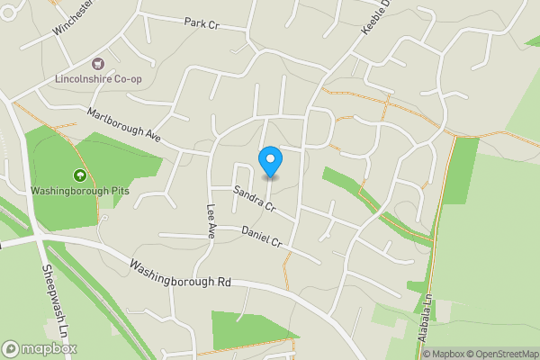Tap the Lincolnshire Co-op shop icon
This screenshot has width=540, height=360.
click(x=98, y=63)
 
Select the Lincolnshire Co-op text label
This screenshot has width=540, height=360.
click(x=98, y=78)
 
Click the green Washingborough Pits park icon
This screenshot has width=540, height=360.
click(x=79, y=175)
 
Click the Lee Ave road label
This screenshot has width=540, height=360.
click(x=211, y=221)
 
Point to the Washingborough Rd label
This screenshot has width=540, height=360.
click(x=180, y=274)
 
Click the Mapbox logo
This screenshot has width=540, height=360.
click(x=40, y=348)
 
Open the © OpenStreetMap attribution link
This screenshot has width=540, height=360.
click(x=497, y=354)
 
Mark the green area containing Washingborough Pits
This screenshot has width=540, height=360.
click(x=54, y=153)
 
